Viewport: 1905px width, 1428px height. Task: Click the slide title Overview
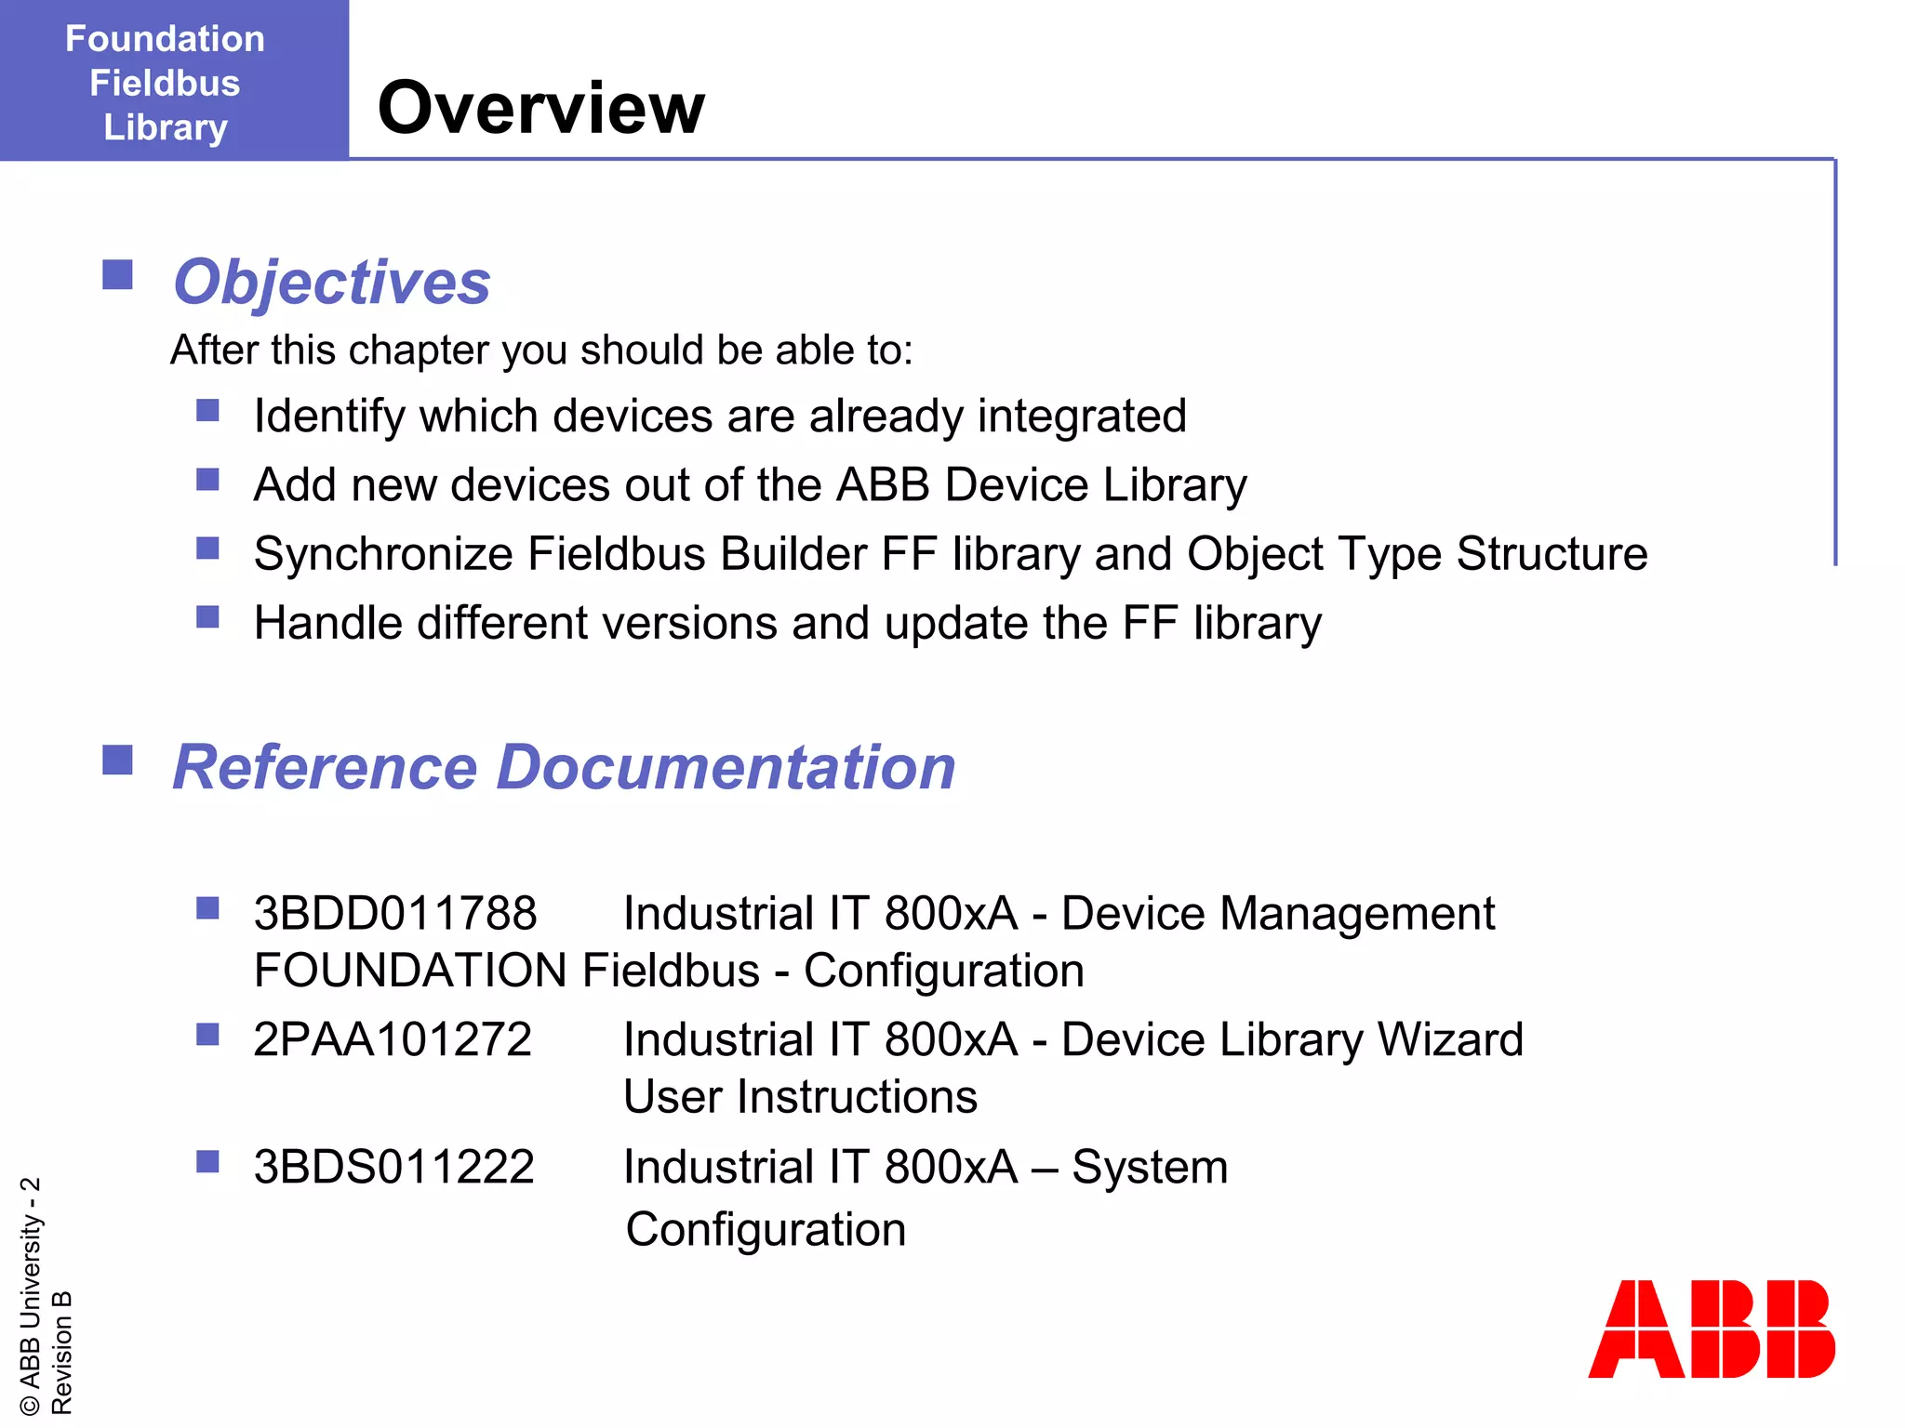(x=540, y=108)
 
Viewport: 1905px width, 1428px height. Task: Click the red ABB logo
(x=1711, y=1329)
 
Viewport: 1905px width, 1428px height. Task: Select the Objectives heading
(x=331, y=282)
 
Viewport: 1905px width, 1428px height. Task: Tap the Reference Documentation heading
(x=564, y=768)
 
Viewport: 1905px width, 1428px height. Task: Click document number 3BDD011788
(x=395, y=913)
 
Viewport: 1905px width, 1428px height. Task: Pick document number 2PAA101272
(x=393, y=1039)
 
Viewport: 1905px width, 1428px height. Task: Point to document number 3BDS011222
(x=394, y=1167)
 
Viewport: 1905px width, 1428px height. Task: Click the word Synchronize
(x=382, y=554)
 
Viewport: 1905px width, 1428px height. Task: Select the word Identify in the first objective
(x=329, y=416)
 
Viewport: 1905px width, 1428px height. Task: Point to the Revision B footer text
(x=61, y=1353)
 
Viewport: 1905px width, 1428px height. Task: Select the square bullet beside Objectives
(x=117, y=275)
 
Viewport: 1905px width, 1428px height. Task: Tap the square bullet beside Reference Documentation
(x=117, y=760)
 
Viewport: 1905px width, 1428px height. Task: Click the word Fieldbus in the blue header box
(x=165, y=83)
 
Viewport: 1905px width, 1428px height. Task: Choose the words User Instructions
(x=800, y=1097)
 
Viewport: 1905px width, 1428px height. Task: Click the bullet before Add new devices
(x=207, y=480)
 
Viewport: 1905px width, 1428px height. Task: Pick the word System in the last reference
(x=1150, y=1167)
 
